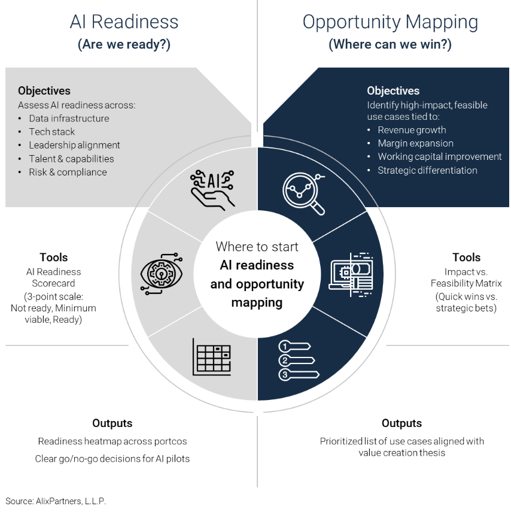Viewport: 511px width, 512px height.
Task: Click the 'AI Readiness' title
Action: tap(124, 22)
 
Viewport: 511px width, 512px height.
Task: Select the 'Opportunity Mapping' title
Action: tap(390, 22)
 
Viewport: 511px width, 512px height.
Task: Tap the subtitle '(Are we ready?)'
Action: tap(124, 45)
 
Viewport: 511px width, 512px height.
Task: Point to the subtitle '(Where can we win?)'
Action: tap(390, 45)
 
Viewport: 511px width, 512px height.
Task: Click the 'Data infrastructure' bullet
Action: tap(69, 119)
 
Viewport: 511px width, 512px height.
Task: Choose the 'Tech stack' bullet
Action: tap(52, 132)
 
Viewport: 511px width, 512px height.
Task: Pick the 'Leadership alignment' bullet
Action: tap(74, 145)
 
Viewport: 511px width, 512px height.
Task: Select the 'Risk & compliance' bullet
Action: tap(68, 172)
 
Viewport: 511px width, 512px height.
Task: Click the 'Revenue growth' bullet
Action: tap(412, 130)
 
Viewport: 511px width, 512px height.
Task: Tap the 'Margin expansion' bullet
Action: tap(415, 144)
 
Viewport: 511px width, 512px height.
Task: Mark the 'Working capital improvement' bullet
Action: tap(439, 157)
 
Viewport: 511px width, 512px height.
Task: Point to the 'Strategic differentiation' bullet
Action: tap(427, 170)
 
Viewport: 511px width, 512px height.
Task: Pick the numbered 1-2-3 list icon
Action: tap(296, 360)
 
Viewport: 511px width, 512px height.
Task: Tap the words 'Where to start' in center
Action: tap(257, 246)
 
